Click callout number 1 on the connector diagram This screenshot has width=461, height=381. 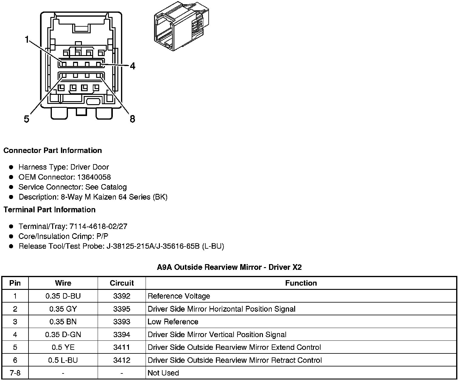pos(27,39)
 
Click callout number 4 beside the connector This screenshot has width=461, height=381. pos(133,66)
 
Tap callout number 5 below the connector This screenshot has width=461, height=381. pos(27,119)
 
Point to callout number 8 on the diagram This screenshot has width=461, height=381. pos(132,119)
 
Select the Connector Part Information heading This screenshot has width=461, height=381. pos(52,151)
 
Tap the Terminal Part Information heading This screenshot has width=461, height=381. pos(49,210)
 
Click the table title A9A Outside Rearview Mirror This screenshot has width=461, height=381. pos(229,267)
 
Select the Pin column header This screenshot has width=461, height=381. pos(15,283)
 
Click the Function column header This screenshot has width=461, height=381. pos(301,283)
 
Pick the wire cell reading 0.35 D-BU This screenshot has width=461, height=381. pos(63,296)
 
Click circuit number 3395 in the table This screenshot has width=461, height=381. pos(122,309)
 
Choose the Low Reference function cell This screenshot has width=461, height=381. pos(173,322)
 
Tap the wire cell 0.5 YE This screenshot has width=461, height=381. pos(63,347)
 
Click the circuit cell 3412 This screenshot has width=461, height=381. pos(122,360)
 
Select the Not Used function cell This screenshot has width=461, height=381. pos(163,373)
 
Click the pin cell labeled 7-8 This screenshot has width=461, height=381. pos(15,373)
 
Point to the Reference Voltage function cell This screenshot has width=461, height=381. pos(179,296)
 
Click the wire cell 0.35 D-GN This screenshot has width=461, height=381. pos(63,334)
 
